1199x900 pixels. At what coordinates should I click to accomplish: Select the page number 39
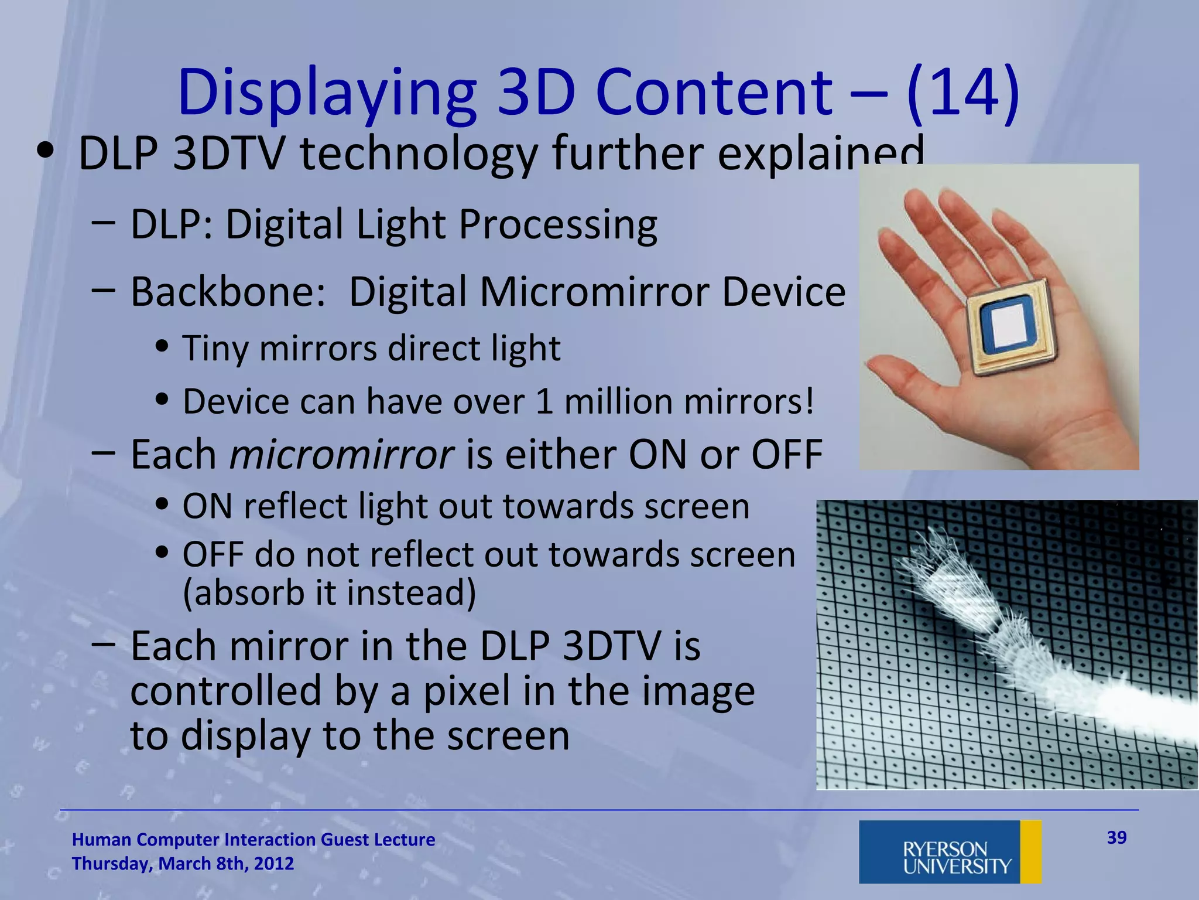click(x=1116, y=837)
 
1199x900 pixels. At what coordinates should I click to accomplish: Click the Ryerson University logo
click(x=950, y=851)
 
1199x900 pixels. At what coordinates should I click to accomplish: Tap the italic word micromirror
click(x=341, y=455)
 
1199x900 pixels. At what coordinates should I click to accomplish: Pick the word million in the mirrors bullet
click(x=618, y=402)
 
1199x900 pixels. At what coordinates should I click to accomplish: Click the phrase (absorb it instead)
click(x=329, y=593)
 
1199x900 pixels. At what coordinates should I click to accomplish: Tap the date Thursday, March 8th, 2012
click(x=183, y=864)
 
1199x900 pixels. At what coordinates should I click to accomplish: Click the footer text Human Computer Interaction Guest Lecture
click(x=253, y=840)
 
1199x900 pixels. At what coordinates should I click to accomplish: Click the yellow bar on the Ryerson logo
click(x=1030, y=851)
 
